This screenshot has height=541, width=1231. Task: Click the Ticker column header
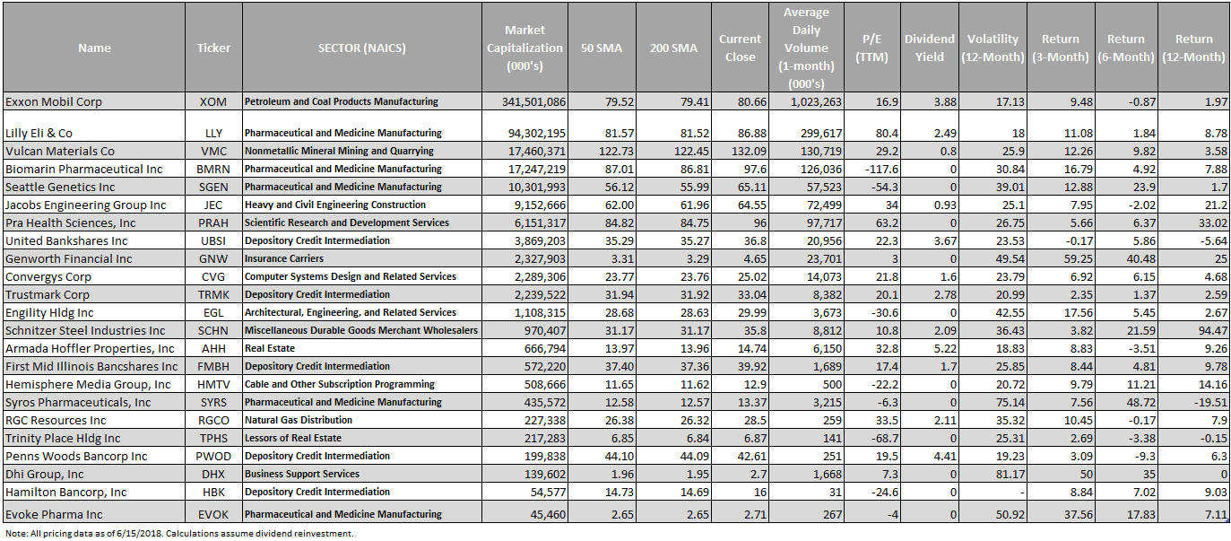point(213,48)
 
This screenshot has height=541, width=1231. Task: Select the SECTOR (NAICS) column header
point(361,48)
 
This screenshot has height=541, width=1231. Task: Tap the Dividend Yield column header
point(929,48)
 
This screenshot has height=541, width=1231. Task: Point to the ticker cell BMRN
point(213,169)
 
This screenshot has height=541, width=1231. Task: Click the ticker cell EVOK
point(213,515)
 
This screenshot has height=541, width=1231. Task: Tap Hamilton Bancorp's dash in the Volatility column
point(1022,493)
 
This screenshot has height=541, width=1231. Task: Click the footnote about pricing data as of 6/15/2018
point(179,533)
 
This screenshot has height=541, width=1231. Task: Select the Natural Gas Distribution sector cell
point(299,420)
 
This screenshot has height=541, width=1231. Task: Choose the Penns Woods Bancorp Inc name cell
point(76,457)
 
